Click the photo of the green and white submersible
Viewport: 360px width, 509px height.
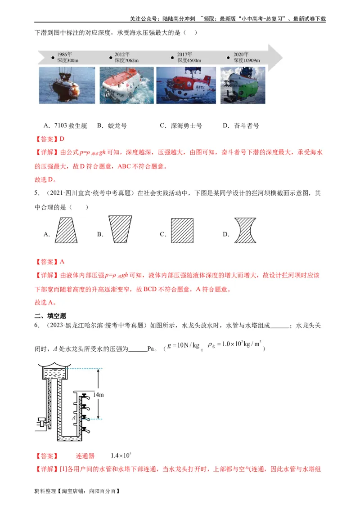click(x=243, y=85)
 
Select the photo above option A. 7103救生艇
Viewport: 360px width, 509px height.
click(x=67, y=85)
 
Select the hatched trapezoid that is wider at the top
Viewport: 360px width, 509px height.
click(x=120, y=229)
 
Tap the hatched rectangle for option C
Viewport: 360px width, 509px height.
click(x=182, y=231)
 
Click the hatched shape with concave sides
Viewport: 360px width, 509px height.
click(x=246, y=230)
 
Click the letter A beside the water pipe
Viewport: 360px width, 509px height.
click(x=74, y=418)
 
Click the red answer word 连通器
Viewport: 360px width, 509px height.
click(x=85, y=456)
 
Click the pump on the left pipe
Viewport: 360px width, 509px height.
click(x=43, y=422)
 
